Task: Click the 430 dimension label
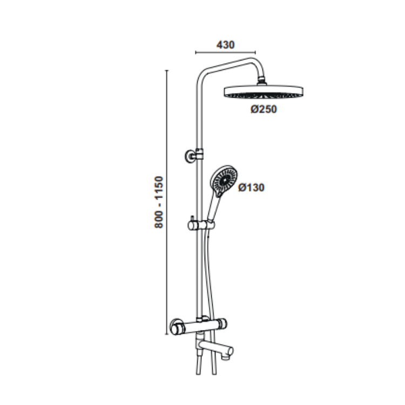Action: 226,45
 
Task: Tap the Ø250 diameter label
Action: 264,109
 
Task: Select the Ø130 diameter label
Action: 251,187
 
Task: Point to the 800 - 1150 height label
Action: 159,202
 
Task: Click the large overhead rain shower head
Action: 263,92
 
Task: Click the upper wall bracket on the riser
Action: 194,155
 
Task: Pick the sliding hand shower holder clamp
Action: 201,226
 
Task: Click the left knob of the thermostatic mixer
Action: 177,327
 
